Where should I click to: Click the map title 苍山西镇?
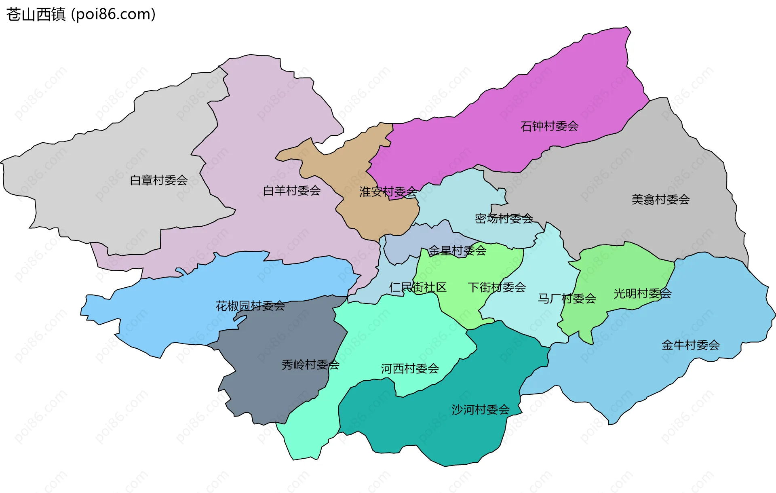[36, 15]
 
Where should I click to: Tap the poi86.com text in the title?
[113, 15]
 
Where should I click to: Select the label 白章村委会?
[158, 180]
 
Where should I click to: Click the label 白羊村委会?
[291, 191]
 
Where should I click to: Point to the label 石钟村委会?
[549, 126]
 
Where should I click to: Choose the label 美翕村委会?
[660, 200]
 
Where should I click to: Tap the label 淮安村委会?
[388, 192]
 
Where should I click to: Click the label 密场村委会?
[504, 219]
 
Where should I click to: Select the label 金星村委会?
[457, 251]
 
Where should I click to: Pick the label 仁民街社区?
[418, 287]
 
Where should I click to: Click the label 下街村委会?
[497, 287]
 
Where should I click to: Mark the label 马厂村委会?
[567, 299]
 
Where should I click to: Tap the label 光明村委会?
[642, 294]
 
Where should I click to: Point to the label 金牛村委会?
[690, 345]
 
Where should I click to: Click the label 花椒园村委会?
[250, 306]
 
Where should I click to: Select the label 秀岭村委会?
[310, 365]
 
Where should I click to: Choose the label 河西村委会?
[410, 369]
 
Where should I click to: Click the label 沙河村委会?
[481, 410]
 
